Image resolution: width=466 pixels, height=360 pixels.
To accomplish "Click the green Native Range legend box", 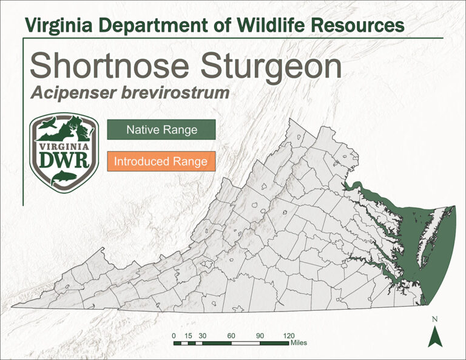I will pos(161,130).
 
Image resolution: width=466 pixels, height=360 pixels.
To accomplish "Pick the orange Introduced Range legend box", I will pos(161,162).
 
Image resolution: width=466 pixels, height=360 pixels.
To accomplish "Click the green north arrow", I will pos(435,336).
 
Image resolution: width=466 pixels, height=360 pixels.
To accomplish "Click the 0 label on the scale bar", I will pos(174,335).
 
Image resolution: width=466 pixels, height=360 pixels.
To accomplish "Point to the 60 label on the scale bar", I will pos(231,335).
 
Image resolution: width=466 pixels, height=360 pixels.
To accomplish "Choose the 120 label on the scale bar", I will pos(289,335).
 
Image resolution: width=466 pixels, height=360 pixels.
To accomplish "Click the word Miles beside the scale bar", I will pos(299,343).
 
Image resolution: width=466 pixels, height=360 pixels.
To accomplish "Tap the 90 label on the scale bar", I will pos(260,335).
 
